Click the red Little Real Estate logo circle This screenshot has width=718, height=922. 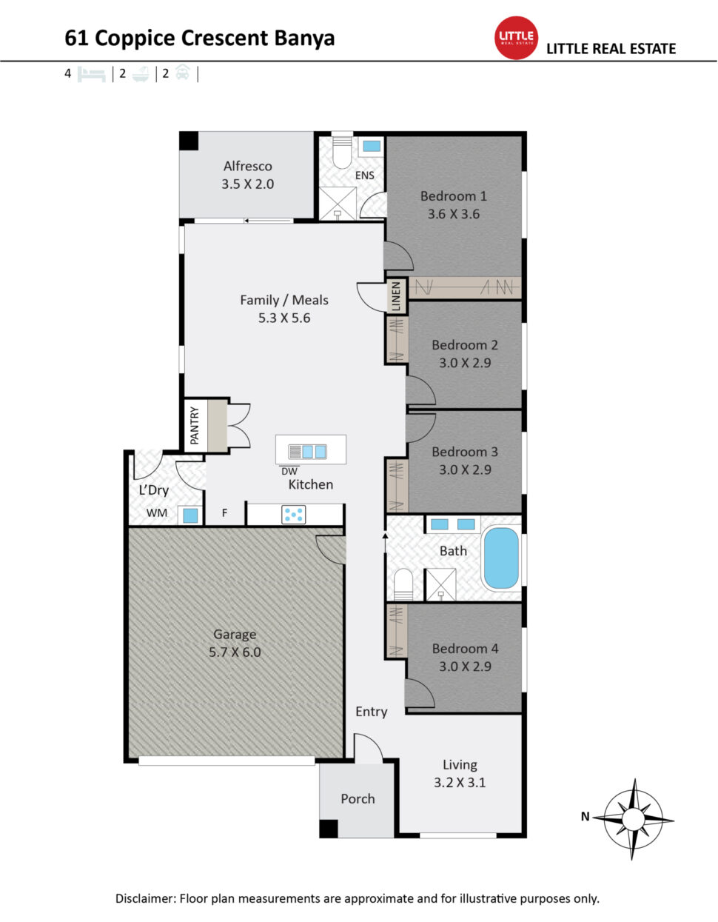[x=516, y=38]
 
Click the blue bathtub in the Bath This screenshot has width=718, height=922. [x=501, y=558]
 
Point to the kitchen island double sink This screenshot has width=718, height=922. [x=307, y=452]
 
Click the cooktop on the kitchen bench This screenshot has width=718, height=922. [x=293, y=514]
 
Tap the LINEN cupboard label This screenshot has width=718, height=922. [x=396, y=295]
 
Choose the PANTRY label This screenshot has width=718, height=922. [x=195, y=426]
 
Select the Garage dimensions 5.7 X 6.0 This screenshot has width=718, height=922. [x=235, y=652]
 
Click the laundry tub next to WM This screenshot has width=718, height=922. [x=190, y=515]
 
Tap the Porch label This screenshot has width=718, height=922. [x=358, y=798]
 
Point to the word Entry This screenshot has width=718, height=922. [x=371, y=712]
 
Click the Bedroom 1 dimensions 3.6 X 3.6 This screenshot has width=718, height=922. [x=453, y=214]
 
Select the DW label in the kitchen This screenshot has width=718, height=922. [x=289, y=471]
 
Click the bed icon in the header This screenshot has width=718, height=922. [x=91, y=74]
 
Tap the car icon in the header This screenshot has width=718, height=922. [x=183, y=73]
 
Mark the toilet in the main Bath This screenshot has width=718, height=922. [x=403, y=584]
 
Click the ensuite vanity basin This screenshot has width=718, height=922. [x=372, y=147]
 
